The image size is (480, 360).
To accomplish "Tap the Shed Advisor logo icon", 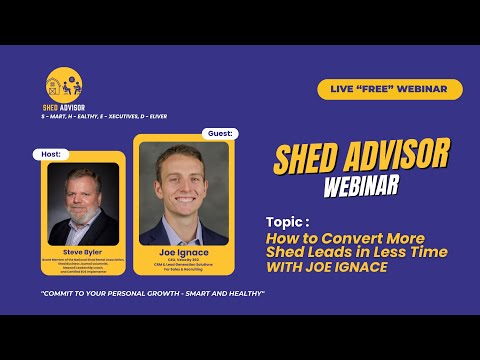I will pos(59,83).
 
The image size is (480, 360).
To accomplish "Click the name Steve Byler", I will pos(84,252).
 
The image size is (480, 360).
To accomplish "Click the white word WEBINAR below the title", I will pos(361,187).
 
